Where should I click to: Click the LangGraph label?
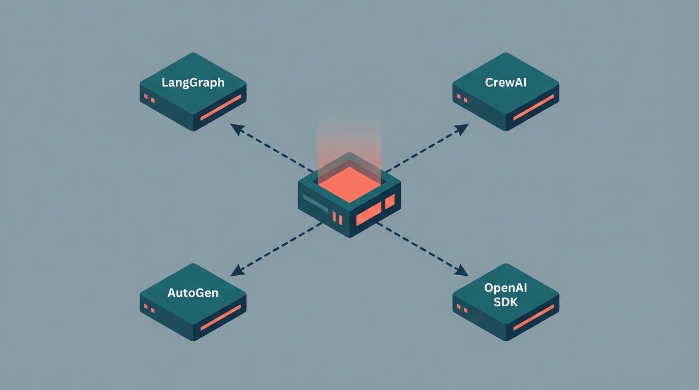[x=193, y=82]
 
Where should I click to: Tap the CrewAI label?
[x=505, y=82]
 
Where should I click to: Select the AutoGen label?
[x=193, y=293]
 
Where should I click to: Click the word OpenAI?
[x=505, y=288]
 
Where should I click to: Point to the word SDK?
[x=505, y=302]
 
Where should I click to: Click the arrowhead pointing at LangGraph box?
[x=235, y=127]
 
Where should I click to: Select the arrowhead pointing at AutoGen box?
[x=235, y=273]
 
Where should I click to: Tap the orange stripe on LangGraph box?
[x=220, y=108]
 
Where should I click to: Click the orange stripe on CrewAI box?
[x=533, y=108]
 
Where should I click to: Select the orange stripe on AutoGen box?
[x=220, y=318]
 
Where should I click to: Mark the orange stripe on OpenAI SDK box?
[x=533, y=318]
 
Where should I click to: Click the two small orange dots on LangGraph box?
[x=149, y=98]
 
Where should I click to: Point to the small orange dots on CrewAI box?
[x=462, y=98]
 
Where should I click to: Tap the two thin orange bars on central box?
[x=337, y=218]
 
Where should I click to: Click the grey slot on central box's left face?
[x=315, y=202]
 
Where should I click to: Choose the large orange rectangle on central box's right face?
[x=368, y=216]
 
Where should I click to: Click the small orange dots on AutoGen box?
[x=149, y=308]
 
